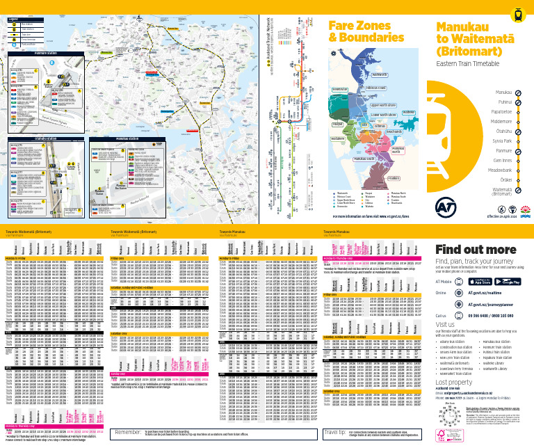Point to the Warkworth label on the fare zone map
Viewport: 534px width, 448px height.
coord(380,74)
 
